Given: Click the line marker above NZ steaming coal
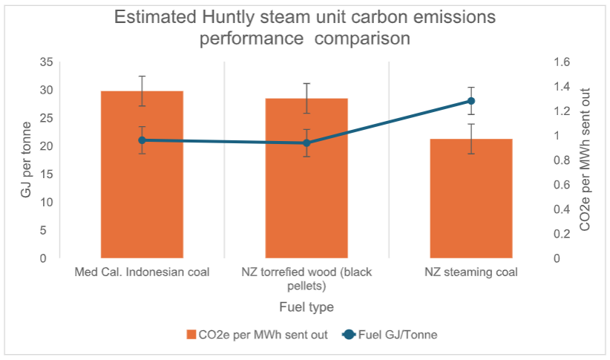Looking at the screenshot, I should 471,101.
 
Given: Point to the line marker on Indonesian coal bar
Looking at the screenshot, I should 142,140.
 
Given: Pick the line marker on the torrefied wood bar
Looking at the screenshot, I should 306,143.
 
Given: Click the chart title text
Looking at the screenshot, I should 305,27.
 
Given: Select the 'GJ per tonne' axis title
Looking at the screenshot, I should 27,160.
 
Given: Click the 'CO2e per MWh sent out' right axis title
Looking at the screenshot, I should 585,159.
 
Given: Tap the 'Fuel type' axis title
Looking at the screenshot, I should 306,307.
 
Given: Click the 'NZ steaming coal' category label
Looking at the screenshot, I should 471,272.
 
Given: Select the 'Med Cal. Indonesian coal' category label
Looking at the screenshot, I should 142,272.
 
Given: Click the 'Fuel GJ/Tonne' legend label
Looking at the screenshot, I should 398,335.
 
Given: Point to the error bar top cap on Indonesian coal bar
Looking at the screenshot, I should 142,76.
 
